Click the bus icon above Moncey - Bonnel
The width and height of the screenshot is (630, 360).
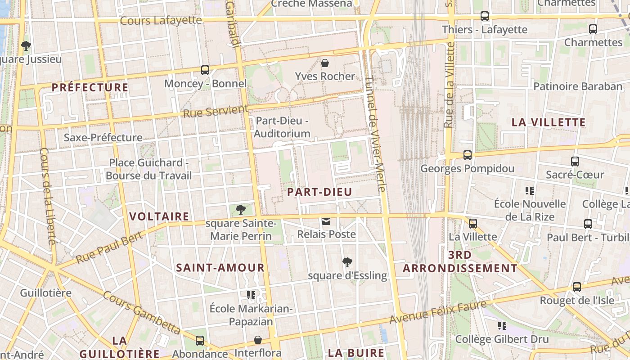point(205,70)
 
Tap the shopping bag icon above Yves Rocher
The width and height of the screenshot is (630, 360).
point(325,63)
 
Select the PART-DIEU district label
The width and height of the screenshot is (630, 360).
point(319,192)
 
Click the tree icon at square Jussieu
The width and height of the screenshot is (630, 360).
point(26,45)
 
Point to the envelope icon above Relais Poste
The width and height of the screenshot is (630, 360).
point(326,221)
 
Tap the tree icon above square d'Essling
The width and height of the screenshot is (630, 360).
point(347,262)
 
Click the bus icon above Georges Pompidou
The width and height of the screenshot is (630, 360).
point(468,155)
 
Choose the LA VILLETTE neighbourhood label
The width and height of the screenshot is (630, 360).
point(549,122)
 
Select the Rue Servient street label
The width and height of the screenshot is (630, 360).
point(216,111)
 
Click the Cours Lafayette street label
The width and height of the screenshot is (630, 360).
point(161,20)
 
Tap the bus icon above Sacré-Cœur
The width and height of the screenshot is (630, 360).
point(575,161)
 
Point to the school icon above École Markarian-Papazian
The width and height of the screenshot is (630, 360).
point(251,295)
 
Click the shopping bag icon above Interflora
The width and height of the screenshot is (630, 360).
point(258,340)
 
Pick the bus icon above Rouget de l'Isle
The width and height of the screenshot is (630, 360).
point(576,287)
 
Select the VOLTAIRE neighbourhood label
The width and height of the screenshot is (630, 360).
point(159,216)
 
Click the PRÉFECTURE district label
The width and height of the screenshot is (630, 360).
point(90,87)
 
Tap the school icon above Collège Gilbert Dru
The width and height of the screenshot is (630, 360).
point(502,325)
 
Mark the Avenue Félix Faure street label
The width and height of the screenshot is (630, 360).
point(438,312)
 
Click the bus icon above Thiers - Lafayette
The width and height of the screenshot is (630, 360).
point(485,16)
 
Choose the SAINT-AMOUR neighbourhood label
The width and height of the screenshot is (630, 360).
point(220,268)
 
